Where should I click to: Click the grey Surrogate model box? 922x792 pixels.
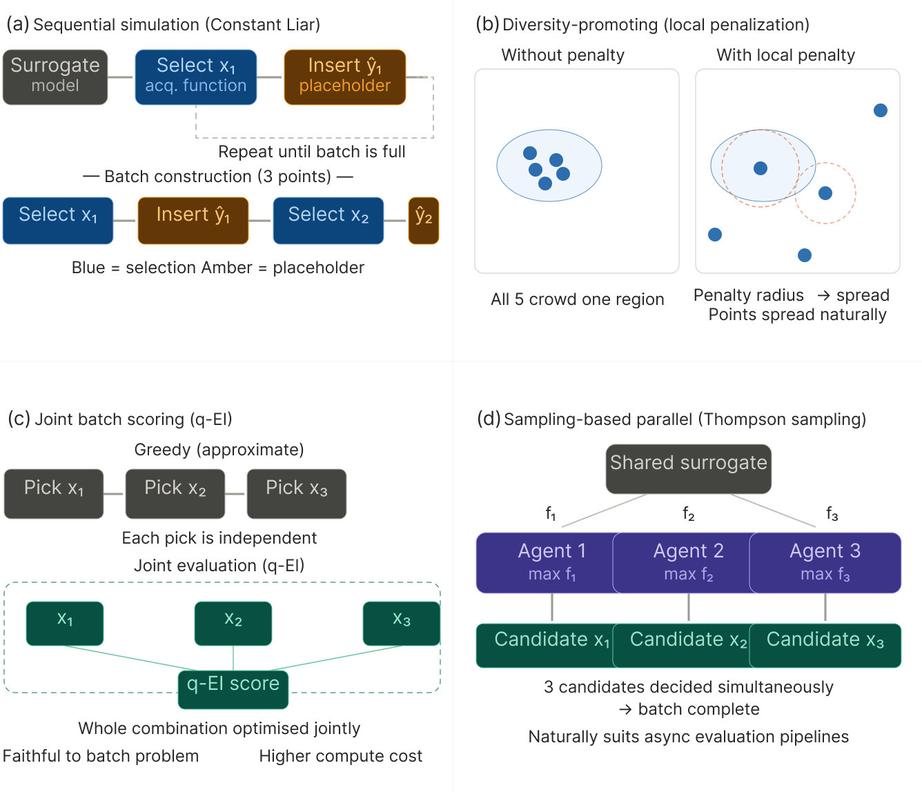click(55, 77)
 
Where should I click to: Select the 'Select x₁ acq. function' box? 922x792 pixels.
click(196, 77)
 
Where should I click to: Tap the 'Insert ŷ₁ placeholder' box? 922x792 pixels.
click(344, 77)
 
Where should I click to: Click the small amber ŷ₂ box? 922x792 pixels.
click(423, 221)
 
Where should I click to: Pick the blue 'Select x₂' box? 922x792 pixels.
click(328, 221)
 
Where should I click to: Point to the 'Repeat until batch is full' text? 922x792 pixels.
click(312, 152)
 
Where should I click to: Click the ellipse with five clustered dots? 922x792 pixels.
click(549, 166)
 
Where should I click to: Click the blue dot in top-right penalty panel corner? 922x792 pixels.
click(880, 110)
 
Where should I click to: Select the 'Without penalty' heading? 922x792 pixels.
click(562, 55)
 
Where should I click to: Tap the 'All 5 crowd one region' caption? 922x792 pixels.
click(577, 299)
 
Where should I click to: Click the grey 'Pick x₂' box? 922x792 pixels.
click(175, 493)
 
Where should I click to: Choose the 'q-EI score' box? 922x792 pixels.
click(233, 687)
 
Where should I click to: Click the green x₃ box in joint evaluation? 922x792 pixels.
click(401, 623)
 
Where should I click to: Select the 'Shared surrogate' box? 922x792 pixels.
click(688, 468)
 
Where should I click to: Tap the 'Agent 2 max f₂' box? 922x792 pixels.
click(688, 562)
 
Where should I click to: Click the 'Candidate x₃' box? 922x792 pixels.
click(825, 645)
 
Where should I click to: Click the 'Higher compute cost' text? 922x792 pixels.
click(341, 756)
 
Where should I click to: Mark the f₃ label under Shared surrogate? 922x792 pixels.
click(832, 513)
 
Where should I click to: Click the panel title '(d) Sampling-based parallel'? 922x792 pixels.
click(671, 419)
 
